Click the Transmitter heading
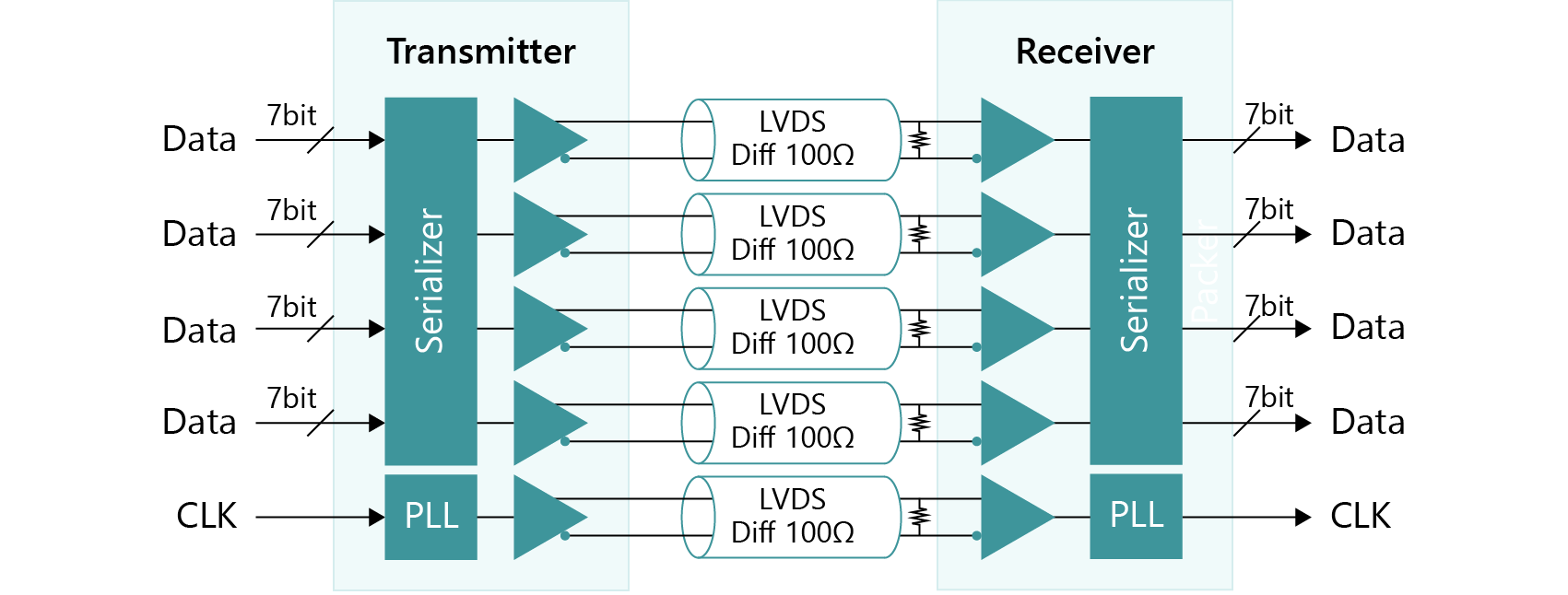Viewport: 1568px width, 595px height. [x=480, y=52]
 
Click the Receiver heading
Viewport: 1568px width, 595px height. [x=1084, y=52]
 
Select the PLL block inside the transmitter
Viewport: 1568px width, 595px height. [x=430, y=517]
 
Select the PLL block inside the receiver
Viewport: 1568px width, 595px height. [x=1136, y=516]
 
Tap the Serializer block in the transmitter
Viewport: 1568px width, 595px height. [x=430, y=281]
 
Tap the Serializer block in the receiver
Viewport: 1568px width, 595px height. [x=1136, y=281]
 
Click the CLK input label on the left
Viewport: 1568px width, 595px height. [x=206, y=517]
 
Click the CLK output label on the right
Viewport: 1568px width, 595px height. [x=1360, y=517]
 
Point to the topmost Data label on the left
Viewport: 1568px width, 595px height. [x=199, y=140]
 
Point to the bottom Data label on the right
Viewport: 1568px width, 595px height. [x=1368, y=423]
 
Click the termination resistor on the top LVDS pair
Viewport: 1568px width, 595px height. [x=918, y=140]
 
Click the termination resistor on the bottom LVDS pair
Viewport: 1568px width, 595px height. [x=918, y=517]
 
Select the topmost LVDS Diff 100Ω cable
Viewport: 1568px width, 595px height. [x=791, y=140]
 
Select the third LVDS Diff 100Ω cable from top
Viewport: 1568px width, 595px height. [x=791, y=329]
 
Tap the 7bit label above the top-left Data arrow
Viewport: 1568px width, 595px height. [x=291, y=116]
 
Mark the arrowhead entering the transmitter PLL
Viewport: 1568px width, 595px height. [x=376, y=517]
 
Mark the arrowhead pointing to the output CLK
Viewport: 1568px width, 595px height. [x=1303, y=517]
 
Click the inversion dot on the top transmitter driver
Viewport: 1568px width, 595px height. [x=565, y=159]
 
